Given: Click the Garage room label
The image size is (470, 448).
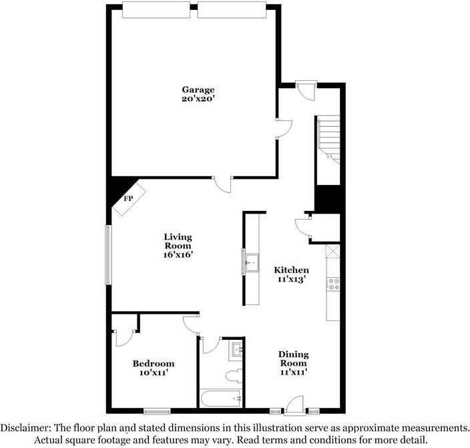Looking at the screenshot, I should coord(198,89).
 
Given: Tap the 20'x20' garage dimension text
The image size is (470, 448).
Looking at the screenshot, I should coord(198,99).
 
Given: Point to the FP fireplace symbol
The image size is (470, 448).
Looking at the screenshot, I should coord(127,199).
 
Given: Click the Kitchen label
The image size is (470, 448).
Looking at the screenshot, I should coord(292,270).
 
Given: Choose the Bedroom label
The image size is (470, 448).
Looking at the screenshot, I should coord(154,363).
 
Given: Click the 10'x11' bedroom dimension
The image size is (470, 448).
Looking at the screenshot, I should coord(154,373).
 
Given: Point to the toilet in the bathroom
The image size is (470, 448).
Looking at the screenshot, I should coord(233,376).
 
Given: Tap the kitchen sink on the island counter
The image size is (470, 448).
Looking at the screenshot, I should coord(251,261).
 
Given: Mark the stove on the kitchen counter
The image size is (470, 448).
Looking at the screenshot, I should coord(333,284).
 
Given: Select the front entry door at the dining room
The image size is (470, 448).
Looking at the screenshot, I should coord(294,405).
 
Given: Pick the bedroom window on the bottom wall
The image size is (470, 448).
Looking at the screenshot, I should coord(157,411).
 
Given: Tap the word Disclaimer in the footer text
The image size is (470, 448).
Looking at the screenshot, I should coord(26,427).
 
